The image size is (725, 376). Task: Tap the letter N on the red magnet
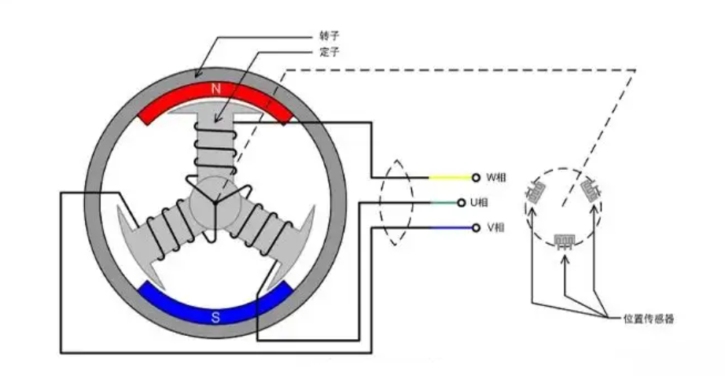(x=215, y=90)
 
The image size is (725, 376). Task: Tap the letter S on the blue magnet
(x=215, y=318)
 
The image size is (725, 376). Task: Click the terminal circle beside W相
(x=476, y=177)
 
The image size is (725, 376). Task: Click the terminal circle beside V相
(x=476, y=228)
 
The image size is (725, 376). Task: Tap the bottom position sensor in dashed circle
(x=563, y=241)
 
